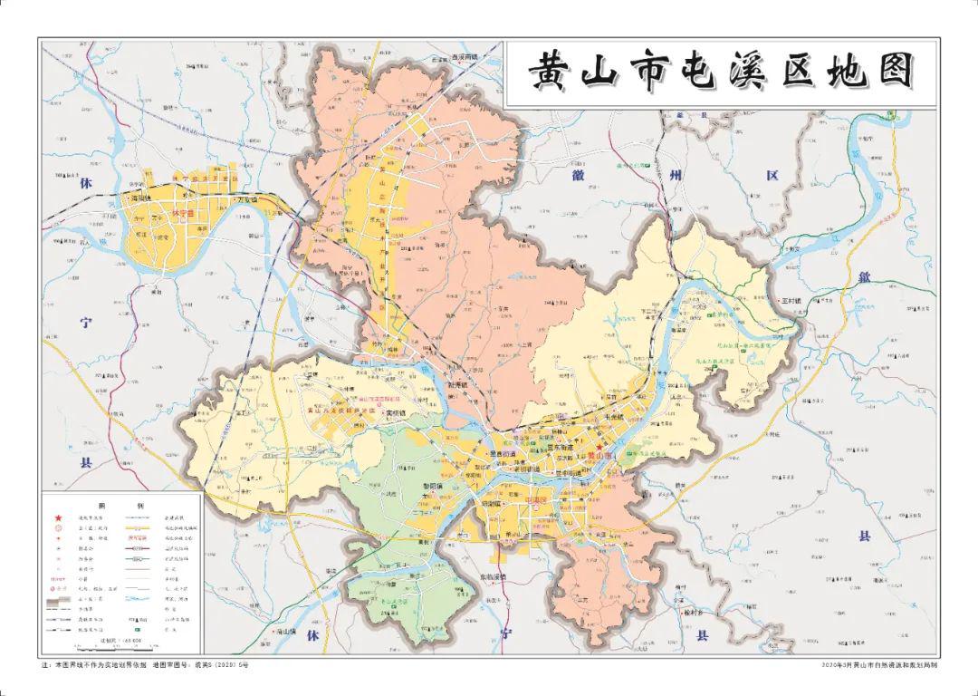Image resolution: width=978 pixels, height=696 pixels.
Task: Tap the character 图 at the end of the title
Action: tap(895, 73)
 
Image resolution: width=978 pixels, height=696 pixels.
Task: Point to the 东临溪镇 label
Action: tap(495, 577)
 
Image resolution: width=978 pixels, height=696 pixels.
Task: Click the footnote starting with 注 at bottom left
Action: tap(145, 665)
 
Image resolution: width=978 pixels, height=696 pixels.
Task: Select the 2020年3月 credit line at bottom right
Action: tap(875, 665)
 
